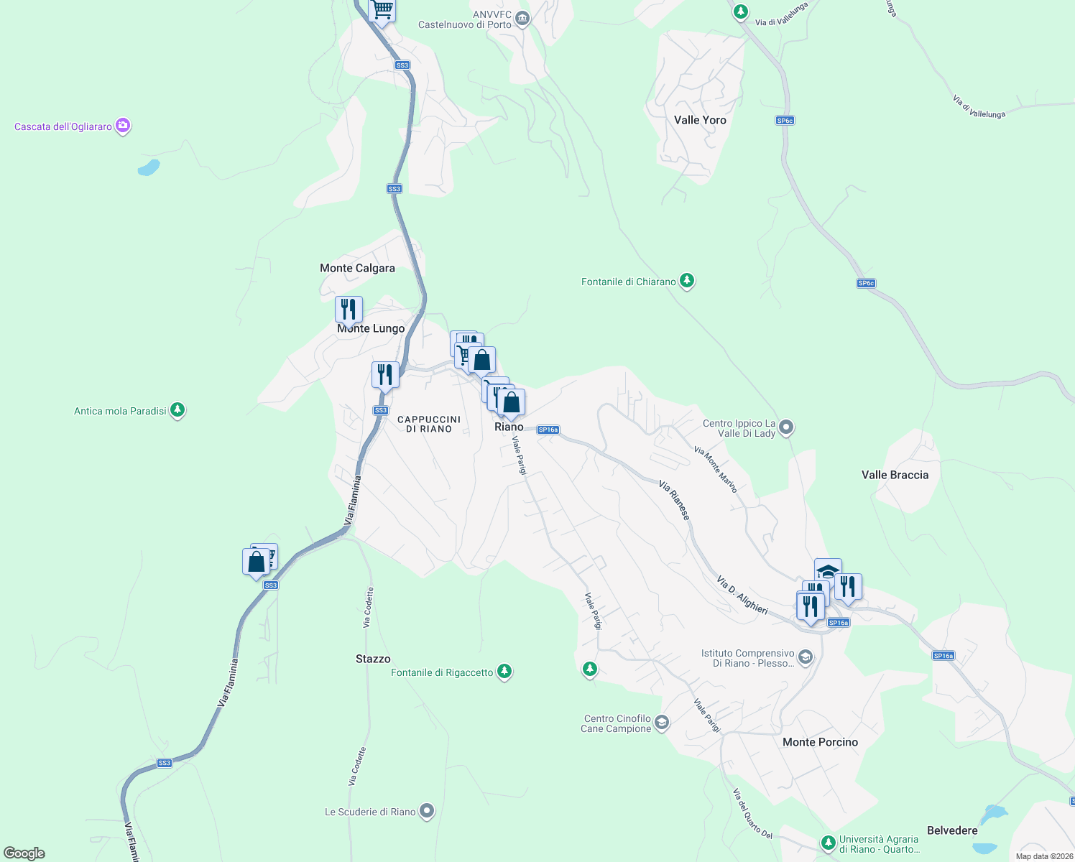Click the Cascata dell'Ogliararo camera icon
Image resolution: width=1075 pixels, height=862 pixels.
123,126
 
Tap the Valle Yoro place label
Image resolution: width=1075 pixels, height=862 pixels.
700,120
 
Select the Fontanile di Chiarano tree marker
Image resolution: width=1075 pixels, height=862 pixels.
687,281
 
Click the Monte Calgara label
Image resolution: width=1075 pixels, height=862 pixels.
357,268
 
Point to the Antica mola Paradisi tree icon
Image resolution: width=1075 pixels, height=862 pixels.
177,410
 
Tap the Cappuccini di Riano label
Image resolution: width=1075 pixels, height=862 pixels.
429,424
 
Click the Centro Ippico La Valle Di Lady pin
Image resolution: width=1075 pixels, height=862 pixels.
786,427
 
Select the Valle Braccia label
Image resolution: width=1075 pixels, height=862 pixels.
895,475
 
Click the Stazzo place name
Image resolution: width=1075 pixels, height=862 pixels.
373,659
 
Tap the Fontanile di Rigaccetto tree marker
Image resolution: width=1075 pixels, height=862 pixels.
504,672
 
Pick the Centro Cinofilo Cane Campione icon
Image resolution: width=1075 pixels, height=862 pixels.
662,722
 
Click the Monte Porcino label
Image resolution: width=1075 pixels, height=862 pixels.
820,742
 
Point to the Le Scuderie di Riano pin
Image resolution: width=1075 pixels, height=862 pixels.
427,811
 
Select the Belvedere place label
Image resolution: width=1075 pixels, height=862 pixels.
952,830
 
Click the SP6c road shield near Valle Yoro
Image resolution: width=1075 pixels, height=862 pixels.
785,120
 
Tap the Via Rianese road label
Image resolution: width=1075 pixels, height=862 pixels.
675,501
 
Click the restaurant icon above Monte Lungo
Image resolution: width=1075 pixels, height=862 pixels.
349,310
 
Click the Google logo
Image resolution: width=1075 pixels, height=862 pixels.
24,853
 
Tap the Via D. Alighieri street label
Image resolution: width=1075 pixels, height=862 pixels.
742,595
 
